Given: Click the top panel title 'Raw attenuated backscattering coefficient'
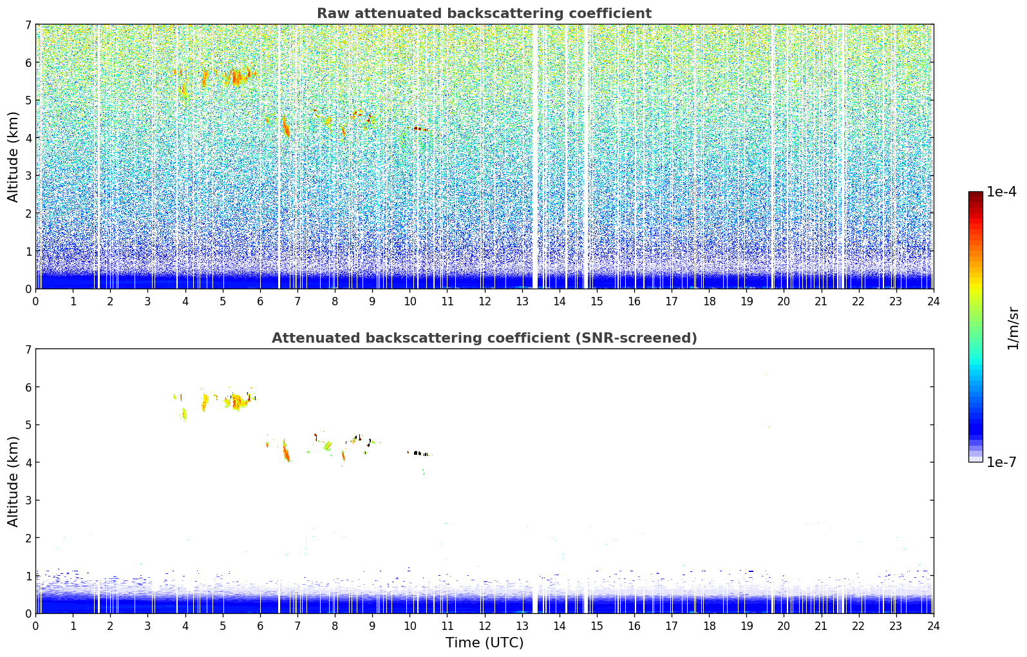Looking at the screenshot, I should [x=484, y=14].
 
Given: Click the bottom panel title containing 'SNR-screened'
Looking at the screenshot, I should [x=484, y=338].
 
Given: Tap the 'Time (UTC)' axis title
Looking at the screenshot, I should [x=484, y=643].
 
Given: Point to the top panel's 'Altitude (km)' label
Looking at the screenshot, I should [x=14, y=157].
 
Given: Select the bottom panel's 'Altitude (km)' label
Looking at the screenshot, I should [x=14, y=481].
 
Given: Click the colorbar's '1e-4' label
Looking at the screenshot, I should [x=1001, y=192].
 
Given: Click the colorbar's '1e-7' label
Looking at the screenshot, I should [x=1001, y=462].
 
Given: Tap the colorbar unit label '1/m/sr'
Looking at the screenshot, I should [x=1013, y=328].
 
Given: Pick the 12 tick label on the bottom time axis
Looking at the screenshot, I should [x=484, y=626].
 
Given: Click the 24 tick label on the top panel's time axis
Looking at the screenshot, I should [x=933, y=301].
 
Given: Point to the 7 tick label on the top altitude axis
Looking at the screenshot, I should [x=28, y=25].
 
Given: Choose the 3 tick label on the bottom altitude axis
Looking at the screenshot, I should [x=28, y=500].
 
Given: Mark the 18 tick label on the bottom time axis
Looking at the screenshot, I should [x=709, y=626].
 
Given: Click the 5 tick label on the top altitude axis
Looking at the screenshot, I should [x=28, y=100].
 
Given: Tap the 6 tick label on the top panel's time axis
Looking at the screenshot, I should [x=260, y=301].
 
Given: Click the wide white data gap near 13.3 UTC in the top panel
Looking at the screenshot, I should [x=534, y=155].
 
